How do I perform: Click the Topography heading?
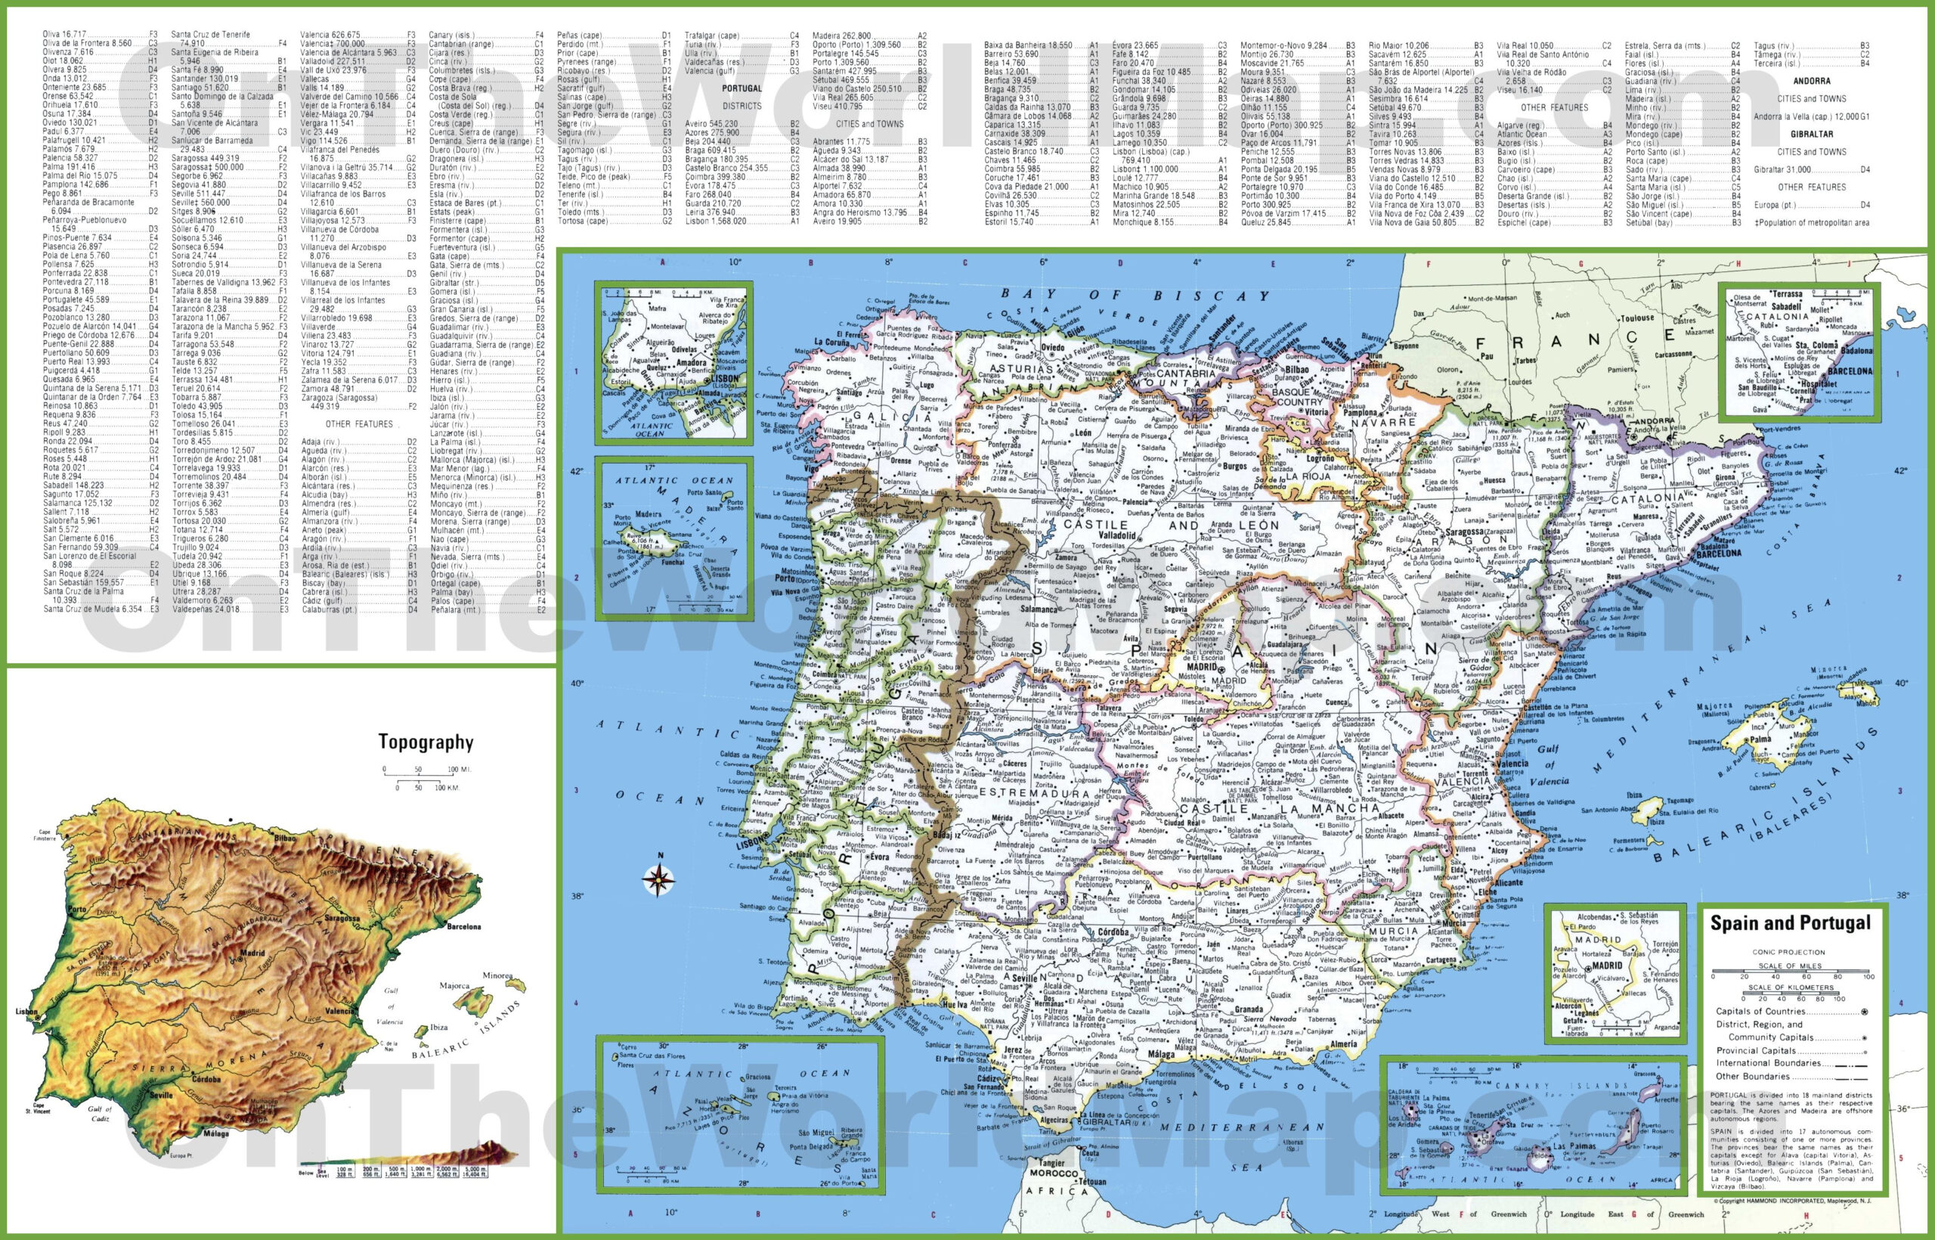(426, 742)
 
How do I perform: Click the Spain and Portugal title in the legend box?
(1790, 923)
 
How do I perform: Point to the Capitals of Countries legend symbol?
(1864, 1012)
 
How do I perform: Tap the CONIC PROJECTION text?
(1788, 952)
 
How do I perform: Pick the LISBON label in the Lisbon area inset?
(725, 377)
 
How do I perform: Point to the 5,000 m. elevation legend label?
(473, 1169)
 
